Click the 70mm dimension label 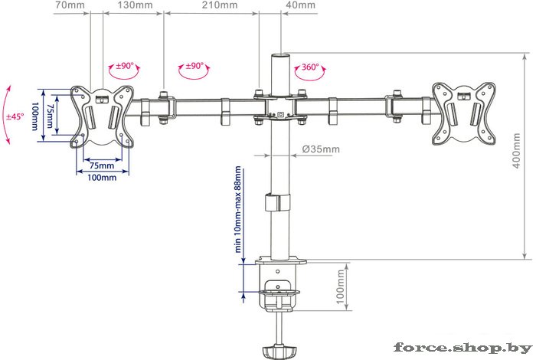pyautogui.click(x=70, y=5)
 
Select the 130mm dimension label pyautogui.click(x=136, y=5)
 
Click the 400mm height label pyautogui.click(x=517, y=150)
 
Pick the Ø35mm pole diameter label pyautogui.click(x=321, y=149)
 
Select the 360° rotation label pyautogui.click(x=310, y=67)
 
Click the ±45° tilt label pyautogui.click(x=15, y=116)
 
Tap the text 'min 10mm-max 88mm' pyautogui.click(x=238, y=209)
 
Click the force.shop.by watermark pyautogui.click(x=463, y=348)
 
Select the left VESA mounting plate pyautogui.click(x=102, y=116)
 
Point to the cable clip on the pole pyautogui.click(x=277, y=203)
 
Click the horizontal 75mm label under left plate pyautogui.click(x=102, y=165)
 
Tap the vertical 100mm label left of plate pyautogui.click(x=35, y=116)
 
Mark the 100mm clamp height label pyautogui.click(x=341, y=286)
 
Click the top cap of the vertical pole pyautogui.click(x=280, y=54)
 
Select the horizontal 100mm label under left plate pyautogui.click(x=102, y=177)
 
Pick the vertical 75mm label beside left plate pyautogui.click(x=50, y=116)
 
